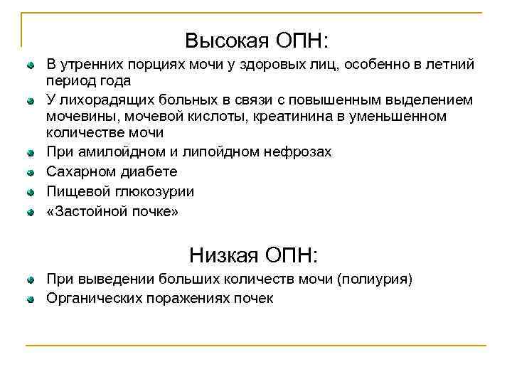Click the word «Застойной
click(86, 211)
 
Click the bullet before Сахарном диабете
click(30, 172)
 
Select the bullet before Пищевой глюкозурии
click(30, 192)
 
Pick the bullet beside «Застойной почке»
click(30, 212)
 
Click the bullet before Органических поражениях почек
click(30, 299)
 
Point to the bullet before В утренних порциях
click(30, 66)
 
